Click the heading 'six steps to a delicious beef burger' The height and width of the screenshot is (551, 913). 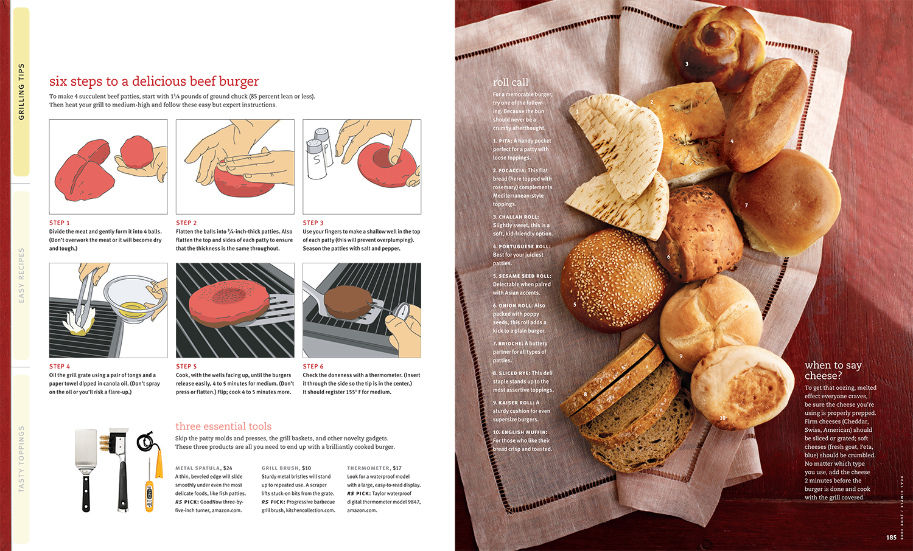coord(153,81)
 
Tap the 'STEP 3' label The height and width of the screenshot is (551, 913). coord(313,223)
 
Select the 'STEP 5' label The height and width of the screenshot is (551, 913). coord(186,366)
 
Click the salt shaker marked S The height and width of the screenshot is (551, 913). coord(317,159)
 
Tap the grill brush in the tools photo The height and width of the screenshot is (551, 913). coord(119,469)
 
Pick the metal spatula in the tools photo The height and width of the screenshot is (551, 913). coord(86,470)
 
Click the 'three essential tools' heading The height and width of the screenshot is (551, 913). coord(223,426)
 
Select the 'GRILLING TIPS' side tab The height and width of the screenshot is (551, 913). coord(21,92)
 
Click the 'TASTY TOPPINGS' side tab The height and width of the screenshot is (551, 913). coord(21,459)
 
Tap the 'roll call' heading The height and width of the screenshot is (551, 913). coord(510,82)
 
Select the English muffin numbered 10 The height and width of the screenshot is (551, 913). coord(742,387)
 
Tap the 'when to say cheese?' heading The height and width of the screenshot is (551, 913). coord(833,370)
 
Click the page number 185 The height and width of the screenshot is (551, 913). coord(892,538)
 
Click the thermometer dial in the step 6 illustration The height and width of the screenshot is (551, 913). coord(403,310)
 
